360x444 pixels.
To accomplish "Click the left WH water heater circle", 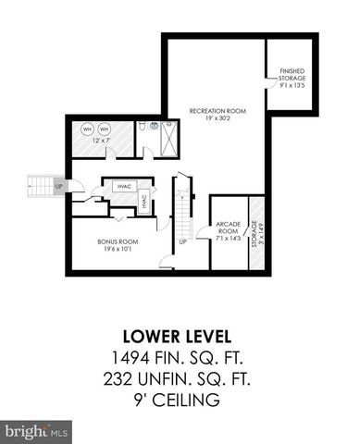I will tap(87, 129).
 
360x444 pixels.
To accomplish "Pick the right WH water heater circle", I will tap(105, 129).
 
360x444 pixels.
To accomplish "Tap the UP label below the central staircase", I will tap(182, 242).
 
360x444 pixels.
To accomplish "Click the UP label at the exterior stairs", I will tap(60, 186).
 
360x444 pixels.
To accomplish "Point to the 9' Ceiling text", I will tap(179, 400).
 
